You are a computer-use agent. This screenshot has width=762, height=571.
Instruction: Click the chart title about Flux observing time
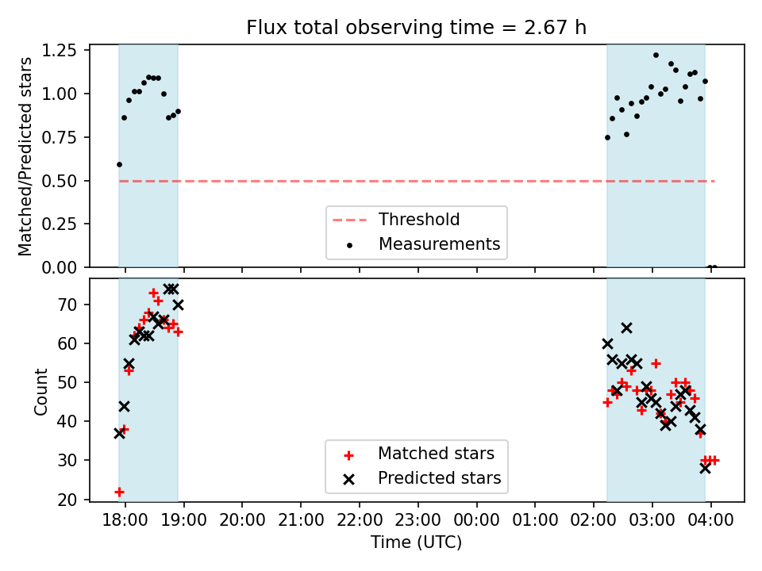click(x=416, y=28)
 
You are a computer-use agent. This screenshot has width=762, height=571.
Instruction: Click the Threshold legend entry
click(x=418, y=220)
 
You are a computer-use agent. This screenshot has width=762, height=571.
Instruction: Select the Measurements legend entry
click(x=439, y=243)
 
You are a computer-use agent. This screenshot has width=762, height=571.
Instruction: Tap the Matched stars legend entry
click(x=436, y=454)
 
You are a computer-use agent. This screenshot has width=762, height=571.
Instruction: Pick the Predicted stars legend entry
click(x=439, y=478)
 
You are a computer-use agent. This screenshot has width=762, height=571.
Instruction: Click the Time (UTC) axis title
click(x=416, y=543)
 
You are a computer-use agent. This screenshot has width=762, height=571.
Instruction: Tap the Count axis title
click(x=40, y=391)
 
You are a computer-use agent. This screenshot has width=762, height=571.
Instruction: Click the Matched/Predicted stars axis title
click(x=25, y=156)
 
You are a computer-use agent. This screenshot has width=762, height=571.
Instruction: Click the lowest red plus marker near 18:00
click(x=119, y=492)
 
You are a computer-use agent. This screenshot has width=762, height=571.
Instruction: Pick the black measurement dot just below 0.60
click(x=119, y=164)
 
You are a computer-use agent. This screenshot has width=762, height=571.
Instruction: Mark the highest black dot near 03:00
click(x=656, y=56)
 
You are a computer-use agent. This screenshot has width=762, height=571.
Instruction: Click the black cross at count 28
click(x=705, y=468)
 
